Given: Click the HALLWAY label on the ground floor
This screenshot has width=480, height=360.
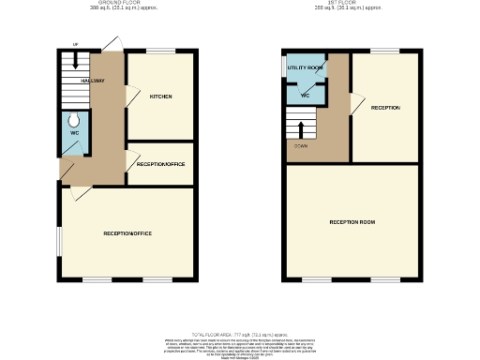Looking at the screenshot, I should [92, 82].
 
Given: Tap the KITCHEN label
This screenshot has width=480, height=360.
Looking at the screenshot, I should [160, 97].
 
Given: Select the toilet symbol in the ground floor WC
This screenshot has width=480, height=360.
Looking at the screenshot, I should [74, 121].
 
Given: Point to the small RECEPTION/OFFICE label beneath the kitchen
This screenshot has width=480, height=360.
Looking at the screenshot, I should [160, 164].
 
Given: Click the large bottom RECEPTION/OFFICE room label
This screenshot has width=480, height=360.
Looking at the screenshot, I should [127, 233].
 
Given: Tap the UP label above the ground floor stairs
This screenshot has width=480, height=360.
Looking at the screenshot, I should [75, 44].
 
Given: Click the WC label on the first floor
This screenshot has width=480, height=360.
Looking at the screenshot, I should [306, 96].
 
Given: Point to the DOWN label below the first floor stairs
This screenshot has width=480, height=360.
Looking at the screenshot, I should [301, 145].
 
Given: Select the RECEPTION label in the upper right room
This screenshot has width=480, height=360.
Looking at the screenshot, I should [385, 108].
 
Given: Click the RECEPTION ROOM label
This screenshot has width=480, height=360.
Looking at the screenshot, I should [352, 222].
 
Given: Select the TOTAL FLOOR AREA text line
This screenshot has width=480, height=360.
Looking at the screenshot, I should [240, 333].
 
